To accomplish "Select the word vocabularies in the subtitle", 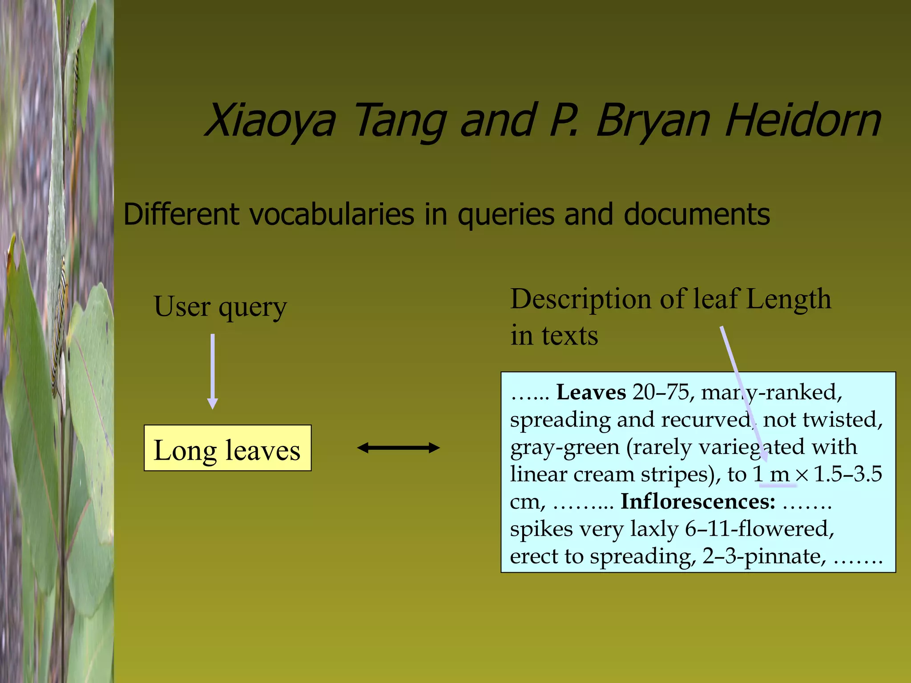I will [332, 215].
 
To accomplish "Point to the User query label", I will [220, 307].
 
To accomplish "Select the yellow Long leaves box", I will [227, 448].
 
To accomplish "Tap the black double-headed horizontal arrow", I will [398, 448].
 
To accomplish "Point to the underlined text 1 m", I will [772, 474].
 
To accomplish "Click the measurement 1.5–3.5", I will [847, 474].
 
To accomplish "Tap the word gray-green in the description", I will [564, 447].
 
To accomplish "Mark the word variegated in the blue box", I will [752, 447].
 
